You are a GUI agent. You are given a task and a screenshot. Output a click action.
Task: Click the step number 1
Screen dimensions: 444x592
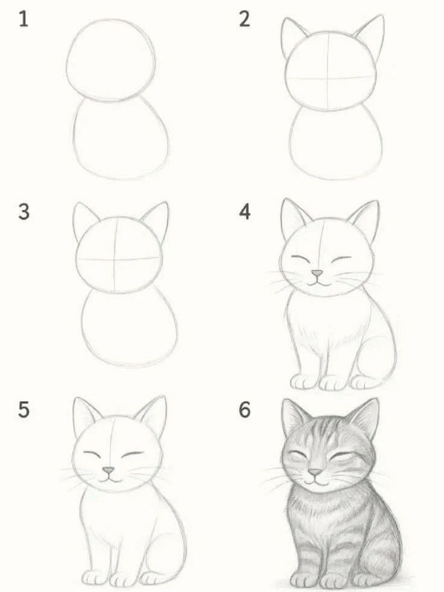click(24, 19)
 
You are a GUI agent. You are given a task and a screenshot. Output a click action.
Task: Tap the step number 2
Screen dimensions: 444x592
click(244, 19)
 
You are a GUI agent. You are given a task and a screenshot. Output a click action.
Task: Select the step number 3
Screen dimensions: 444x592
click(24, 212)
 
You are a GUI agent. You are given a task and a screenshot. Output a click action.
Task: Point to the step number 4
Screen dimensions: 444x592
click(245, 212)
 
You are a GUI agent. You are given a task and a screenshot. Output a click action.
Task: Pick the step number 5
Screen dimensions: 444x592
click(24, 410)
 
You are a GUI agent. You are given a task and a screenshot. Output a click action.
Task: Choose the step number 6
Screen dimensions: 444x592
click(245, 410)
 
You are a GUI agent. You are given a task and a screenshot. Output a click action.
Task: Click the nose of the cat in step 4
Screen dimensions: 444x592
click(317, 273)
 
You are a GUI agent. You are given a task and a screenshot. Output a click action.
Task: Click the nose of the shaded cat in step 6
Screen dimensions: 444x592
click(315, 473)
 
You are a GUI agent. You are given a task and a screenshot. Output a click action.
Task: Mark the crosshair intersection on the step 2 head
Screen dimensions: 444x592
click(328, 79)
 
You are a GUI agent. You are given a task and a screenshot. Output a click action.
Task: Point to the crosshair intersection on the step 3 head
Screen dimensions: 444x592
click(115, 259)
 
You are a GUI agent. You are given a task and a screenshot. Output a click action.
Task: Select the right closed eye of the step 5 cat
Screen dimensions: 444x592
click(132, 453)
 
